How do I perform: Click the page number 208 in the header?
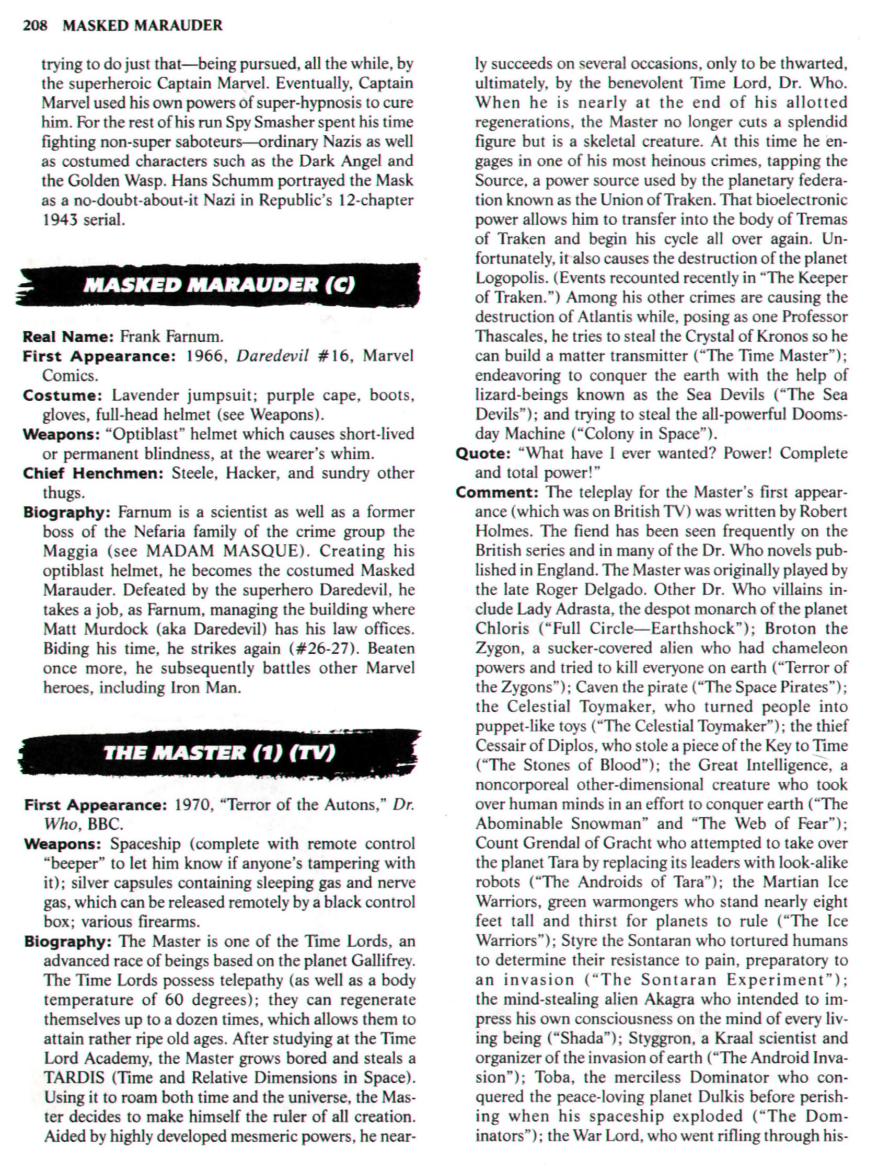click(x=35, y=26)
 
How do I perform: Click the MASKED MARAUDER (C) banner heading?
click(x=219, y=286)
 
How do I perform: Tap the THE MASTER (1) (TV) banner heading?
click(x=219, y=753)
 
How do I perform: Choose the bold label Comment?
click(x=496, y=493)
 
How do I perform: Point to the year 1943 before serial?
click(x=61, y=220)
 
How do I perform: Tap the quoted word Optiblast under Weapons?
click(x=145, y=434)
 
